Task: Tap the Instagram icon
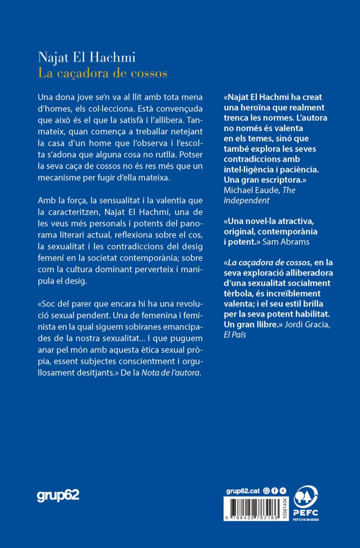pos(267,490)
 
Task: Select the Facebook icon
pos(275,490)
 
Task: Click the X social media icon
pos(282,490)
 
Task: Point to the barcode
pos(254,507)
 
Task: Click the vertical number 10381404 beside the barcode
pos(286,507)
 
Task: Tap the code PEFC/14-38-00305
pos(306,520)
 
